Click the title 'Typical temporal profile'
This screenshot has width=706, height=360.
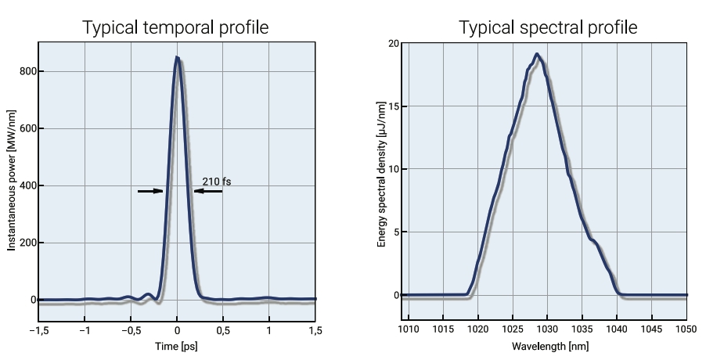pos(176,27)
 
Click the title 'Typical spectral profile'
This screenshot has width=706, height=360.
pos(548,27)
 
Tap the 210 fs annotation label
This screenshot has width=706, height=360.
pos(217,182)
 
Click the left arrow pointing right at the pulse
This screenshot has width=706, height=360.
pos(150,191)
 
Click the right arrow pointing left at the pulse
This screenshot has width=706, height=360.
pos(208,191)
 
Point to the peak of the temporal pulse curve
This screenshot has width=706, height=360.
pos(178,57)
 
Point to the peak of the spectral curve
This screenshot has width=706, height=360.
pos(537,54)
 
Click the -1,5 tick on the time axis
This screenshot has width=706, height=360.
pos(39,331)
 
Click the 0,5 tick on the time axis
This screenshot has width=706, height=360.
pos(223,331)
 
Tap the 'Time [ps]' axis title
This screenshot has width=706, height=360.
pos(177,345)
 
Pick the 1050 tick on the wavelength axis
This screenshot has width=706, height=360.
pos(686,331)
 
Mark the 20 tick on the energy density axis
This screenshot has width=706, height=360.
pos(394,43)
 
